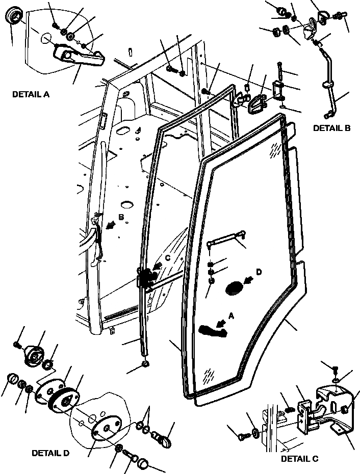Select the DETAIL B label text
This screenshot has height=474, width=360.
[331, 128]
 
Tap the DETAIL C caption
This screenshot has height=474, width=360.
[299, 459]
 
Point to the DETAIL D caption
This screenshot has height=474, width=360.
[50, 453]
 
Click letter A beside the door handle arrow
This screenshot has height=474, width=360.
[232, 317]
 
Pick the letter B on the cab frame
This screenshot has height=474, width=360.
[121, 218]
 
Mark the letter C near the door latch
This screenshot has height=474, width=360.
[168, 258]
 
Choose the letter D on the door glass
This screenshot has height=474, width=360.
[259, 273]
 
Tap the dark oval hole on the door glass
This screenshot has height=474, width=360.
[235, 288]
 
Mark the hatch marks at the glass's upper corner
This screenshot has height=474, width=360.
[277, 149]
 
